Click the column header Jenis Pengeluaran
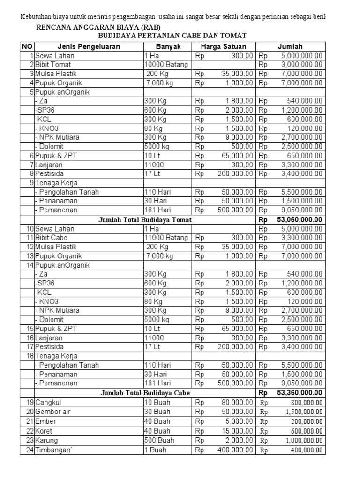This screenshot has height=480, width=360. (x=89, y=46)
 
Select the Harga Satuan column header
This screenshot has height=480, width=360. (x=223, y=46)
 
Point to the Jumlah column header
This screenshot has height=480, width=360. (x=290, y=46)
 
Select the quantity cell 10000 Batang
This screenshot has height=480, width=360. (x=166, y=65)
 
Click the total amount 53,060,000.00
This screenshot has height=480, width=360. (x=300, y=219)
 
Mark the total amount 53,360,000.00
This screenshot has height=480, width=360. (x=300, y=393)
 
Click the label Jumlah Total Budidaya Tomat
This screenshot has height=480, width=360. (x=145, y=219)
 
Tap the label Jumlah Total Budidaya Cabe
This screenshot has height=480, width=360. (x=145, y=393)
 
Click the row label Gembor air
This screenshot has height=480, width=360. (x=53, y=412)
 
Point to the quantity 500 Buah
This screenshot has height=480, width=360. (x=157, y=441)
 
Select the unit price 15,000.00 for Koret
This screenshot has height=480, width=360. (x=237, y=431)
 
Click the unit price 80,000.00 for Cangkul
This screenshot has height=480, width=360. (x=237, y=402)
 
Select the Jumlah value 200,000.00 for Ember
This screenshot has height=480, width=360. (x=305, y=421)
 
